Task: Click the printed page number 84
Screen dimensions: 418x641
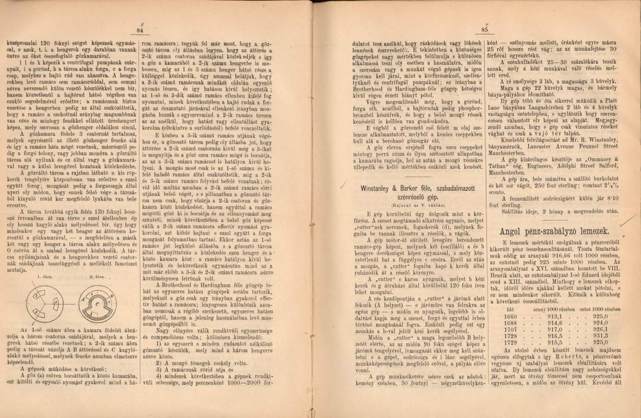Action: pos(139,31)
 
